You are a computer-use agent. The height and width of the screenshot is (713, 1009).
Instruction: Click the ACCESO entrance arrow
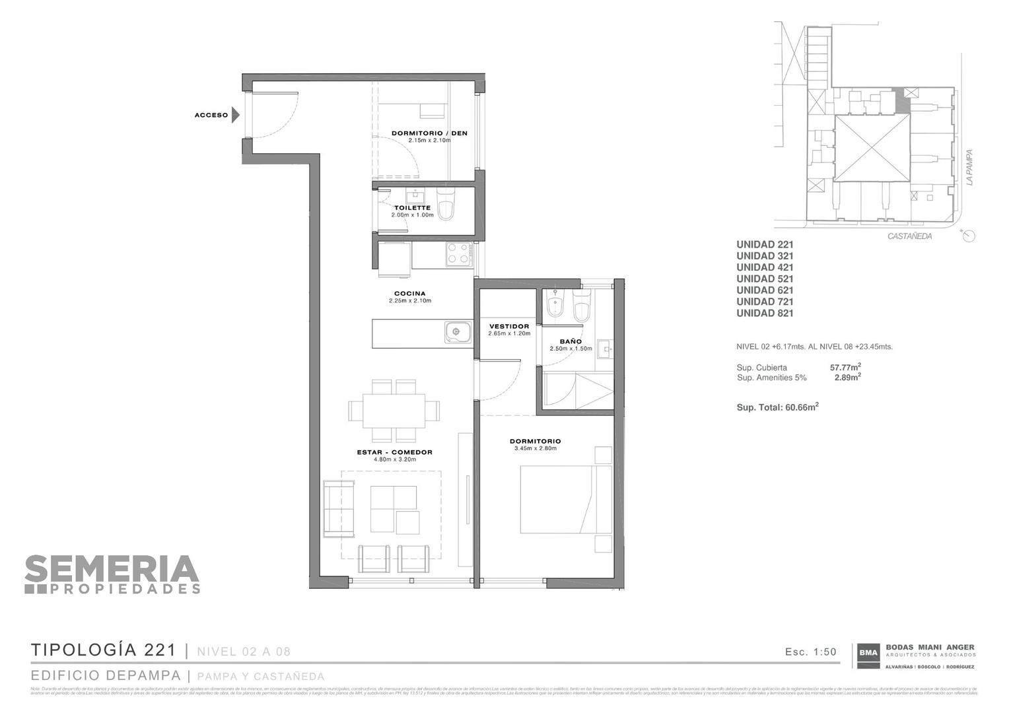point(235,115)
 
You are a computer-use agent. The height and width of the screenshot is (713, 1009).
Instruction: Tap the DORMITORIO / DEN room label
point(429,133)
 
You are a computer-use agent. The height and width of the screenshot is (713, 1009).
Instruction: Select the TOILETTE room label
point(412,208)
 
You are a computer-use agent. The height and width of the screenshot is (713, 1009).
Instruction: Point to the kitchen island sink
point(456,333)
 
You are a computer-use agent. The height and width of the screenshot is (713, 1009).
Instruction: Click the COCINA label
point(409,294)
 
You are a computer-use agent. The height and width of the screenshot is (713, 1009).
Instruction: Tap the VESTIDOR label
point(509,326)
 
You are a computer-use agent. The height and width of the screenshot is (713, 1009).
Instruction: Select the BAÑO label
point(571,341)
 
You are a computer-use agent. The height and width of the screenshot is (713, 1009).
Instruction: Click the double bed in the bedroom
point(566,500)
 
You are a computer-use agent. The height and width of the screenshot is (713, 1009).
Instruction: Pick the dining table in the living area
point(394,411)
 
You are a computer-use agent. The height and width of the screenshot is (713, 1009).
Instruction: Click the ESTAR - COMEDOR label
point(395,452)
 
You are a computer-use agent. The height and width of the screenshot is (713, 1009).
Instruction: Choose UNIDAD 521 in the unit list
point(765,279)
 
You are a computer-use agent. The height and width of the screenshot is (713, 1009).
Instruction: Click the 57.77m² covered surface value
point(845,367)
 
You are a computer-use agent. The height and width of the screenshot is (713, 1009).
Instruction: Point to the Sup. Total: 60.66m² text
point(777,407)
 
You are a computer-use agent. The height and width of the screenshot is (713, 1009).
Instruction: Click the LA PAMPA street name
point(969,166)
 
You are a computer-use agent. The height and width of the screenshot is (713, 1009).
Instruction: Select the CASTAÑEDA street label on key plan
point(909,236)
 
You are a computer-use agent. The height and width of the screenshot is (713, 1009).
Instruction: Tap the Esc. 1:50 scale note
point(811,652)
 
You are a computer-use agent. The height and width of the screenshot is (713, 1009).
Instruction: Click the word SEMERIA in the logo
point(112,568)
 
